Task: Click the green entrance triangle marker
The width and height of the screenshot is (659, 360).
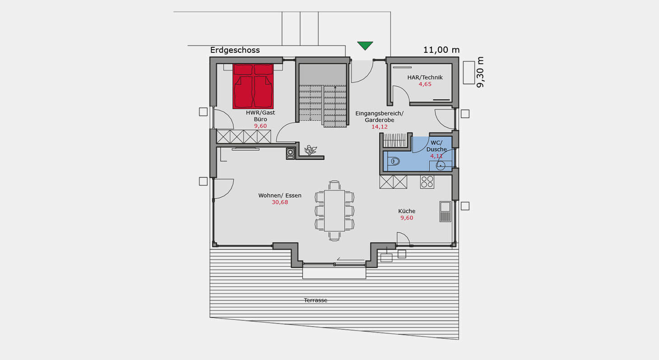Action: click(x=365, y=45)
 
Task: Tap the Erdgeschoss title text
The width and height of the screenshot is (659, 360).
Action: click(x=235, y=50)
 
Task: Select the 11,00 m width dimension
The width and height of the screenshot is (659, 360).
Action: click(x=441, y=50)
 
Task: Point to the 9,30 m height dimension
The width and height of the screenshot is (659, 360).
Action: click(x=480, y=72)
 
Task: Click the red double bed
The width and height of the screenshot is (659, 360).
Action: click(x=253, y=87)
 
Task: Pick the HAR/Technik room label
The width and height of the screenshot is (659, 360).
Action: click(x=425, y=77)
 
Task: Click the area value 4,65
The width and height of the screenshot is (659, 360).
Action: click(x=425, y=84)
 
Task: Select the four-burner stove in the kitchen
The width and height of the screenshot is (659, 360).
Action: click(x=427, y=182)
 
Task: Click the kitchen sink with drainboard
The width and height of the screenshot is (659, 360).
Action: click(x=446, y=211)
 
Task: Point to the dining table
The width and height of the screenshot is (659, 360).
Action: click(x=334, y=211)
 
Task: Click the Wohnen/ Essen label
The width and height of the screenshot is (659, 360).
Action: click(x=280, y=195)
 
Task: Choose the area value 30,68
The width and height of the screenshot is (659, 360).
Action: click(x=280, y=202)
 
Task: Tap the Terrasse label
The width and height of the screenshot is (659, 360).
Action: click(x=316, y=300)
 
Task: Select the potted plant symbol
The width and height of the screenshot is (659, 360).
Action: click(x=310, y=150)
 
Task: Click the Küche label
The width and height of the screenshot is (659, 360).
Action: click(x=407, y=211)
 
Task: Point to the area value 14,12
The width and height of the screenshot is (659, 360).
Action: click(x=380, y=127)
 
